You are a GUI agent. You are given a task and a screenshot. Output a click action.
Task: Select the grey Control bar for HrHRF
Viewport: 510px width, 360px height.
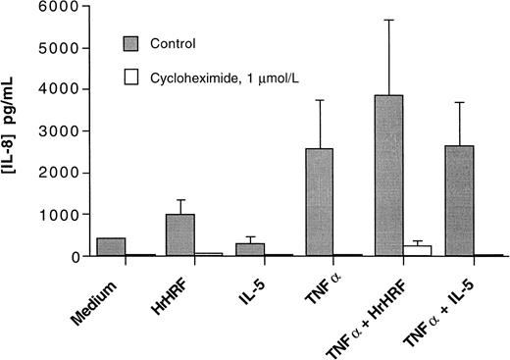pyautogui.click(x=179, y=234)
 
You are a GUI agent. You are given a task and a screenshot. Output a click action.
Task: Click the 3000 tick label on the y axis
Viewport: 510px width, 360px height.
pyautogui.click(x=65, y=131)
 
